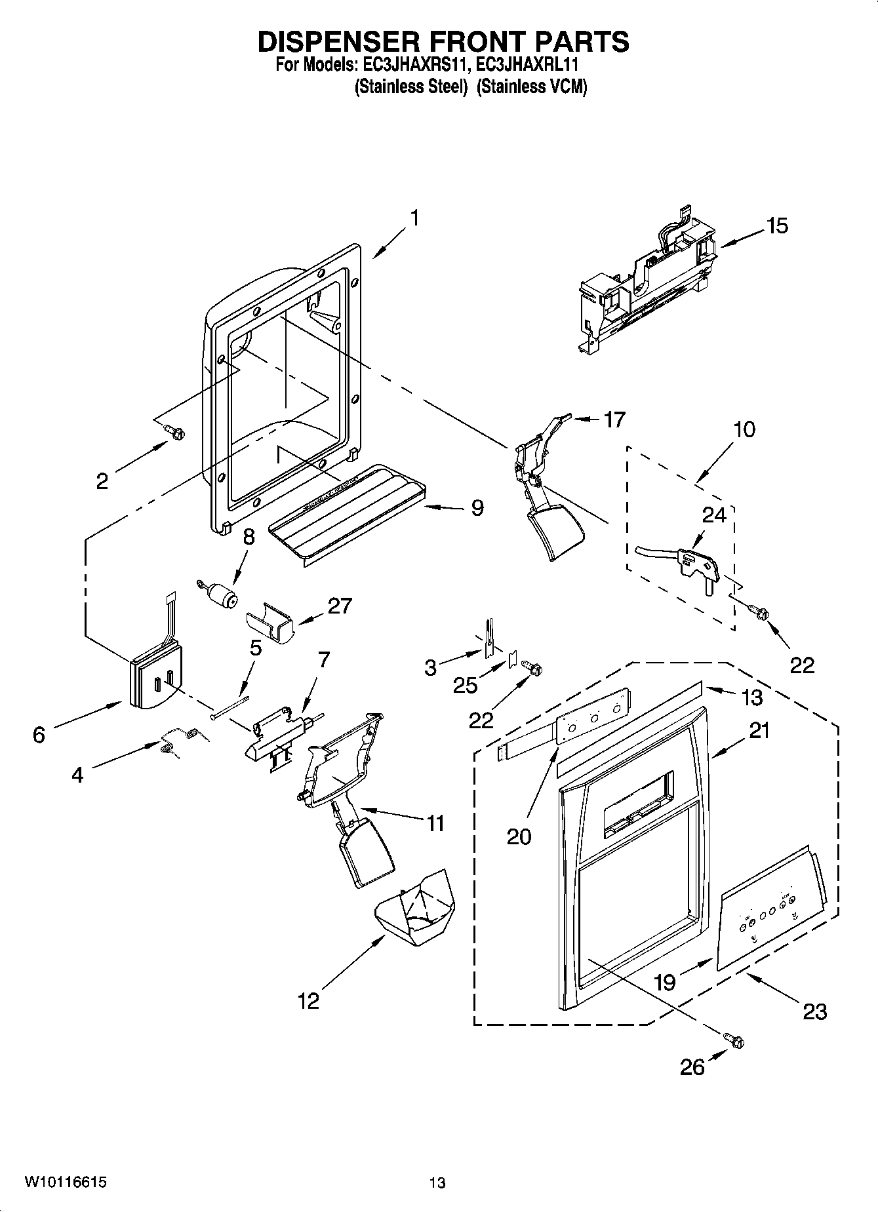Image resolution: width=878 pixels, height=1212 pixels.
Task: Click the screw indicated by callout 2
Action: pyautogui.click(x=176, y=431)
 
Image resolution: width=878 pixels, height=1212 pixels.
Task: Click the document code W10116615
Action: pyautogui.click(x=65, y=1182)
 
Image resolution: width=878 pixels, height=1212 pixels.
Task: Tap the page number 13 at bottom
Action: pyautogui.click(x=437, y=1183)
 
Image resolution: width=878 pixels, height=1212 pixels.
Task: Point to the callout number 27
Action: pyautogui.click(x=340, y=605)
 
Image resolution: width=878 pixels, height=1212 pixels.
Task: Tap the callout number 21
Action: pyautogui.click(x=759, y=730)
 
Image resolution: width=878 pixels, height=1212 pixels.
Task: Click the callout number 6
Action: pyautogui.click(x=39, y=735)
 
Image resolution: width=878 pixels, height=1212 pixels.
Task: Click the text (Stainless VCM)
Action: pyautogui.click(x=531, y=87)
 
